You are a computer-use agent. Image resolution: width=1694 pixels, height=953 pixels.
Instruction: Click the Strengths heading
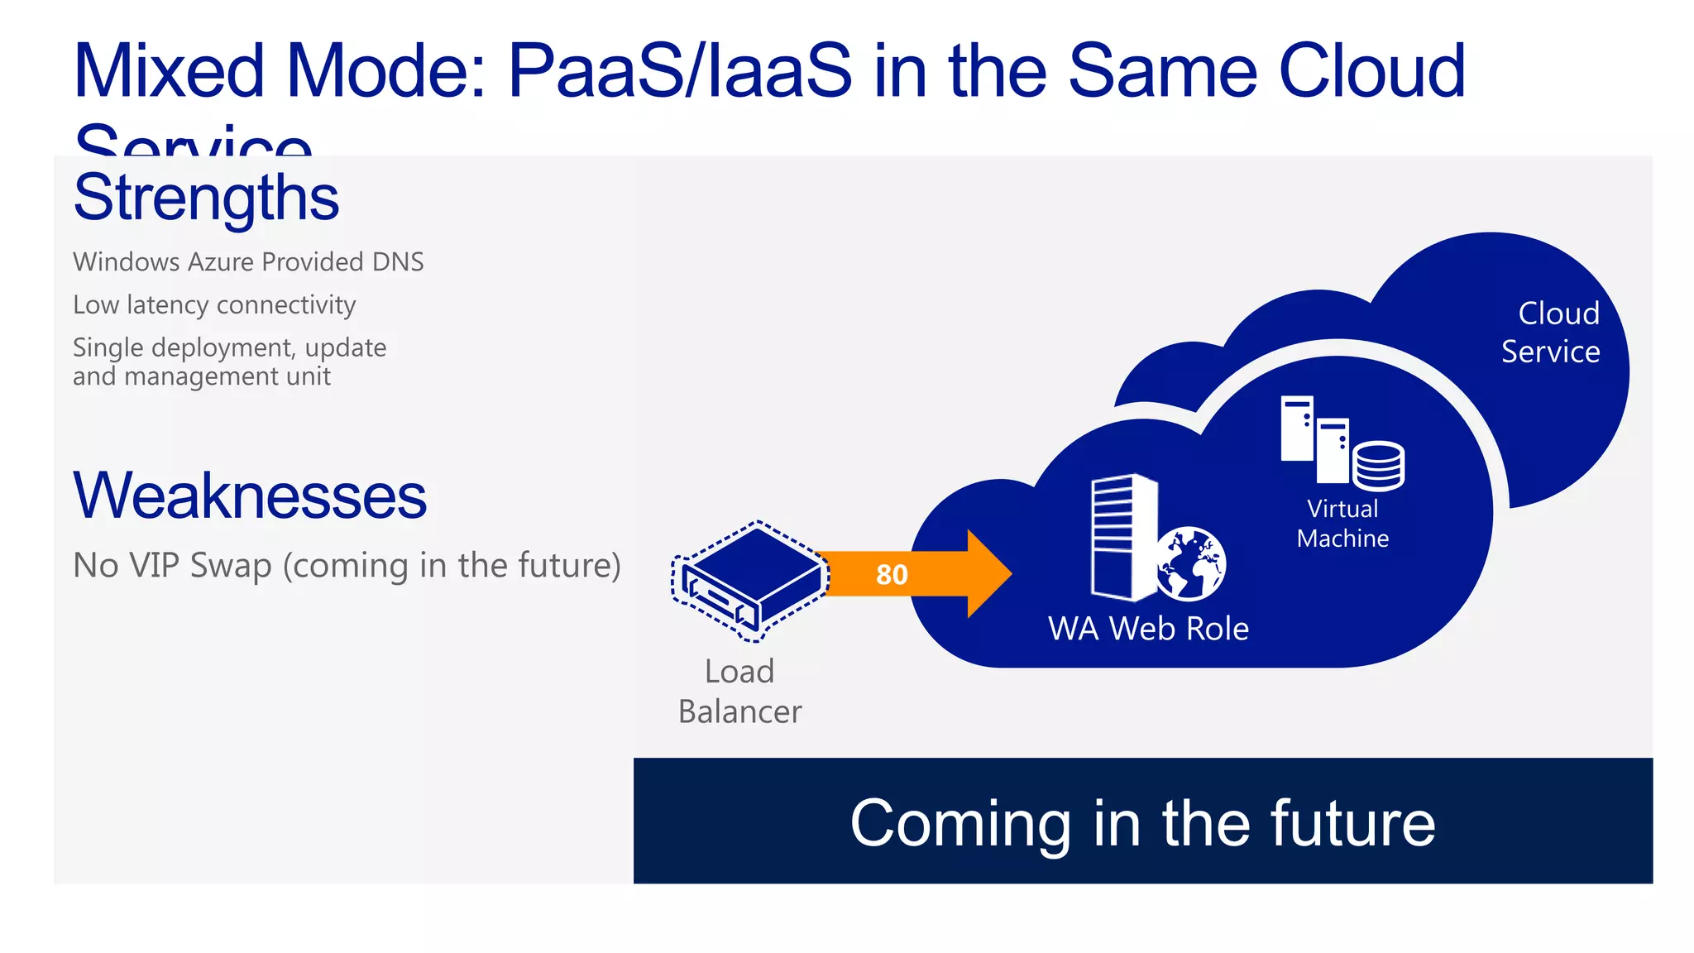206,199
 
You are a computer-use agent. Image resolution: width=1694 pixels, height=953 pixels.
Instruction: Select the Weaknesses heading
250,496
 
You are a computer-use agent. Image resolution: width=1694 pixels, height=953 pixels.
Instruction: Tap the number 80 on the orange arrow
892,574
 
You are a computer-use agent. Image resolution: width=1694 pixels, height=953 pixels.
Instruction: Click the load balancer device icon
751,580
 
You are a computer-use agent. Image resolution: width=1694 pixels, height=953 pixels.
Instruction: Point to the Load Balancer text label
739,692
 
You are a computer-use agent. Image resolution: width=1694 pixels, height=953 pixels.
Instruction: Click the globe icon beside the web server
1190,563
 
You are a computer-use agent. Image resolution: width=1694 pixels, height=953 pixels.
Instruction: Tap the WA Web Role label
1148,629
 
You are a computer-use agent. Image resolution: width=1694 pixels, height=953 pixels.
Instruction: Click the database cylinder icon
1378,466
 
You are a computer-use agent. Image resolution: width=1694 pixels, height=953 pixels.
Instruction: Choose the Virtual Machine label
1342,524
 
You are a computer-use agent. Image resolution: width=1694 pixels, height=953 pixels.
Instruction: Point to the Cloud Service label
1551,333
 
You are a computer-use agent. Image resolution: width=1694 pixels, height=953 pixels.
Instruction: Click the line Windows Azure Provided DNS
248,262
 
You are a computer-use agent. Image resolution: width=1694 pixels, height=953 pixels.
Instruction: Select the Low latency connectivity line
214,305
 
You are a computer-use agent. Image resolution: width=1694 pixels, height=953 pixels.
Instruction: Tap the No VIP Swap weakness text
347,566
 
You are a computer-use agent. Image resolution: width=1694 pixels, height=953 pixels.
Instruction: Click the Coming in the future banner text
1142,823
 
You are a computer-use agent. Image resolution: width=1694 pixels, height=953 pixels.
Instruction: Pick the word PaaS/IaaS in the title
679,71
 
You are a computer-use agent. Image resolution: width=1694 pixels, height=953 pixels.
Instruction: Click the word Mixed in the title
170,71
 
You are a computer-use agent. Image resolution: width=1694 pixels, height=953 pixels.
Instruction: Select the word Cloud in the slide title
1371,71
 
